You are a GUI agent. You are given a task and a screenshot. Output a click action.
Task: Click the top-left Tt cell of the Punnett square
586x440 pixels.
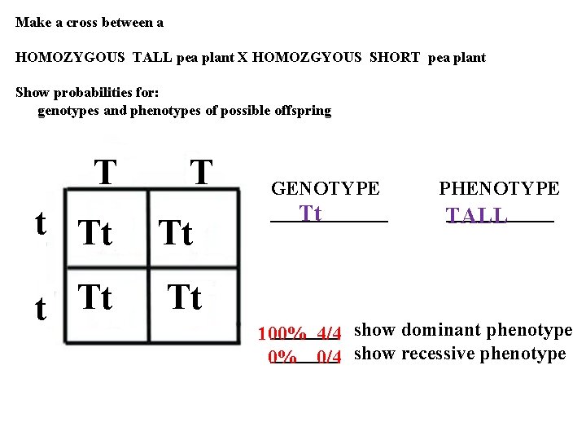[95, 234]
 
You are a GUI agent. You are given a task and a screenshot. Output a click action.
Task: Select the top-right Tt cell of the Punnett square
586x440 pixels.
[176, 234]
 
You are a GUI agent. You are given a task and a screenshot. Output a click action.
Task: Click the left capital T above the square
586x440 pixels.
[105, 172]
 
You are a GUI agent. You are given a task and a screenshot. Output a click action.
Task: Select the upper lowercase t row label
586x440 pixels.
[41, 223]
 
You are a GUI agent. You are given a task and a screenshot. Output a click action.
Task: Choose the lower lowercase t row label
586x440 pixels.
[41, 309]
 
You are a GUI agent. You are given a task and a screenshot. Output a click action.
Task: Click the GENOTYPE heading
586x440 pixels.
[325, 189]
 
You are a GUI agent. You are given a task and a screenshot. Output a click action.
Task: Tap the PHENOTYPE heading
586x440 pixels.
[499, 189]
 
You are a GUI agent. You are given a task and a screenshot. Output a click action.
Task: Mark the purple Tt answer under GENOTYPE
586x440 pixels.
[311, 213]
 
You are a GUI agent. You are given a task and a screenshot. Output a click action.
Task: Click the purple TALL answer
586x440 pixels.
[477, 216]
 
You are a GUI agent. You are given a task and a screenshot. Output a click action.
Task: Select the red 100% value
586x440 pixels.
[282, 334]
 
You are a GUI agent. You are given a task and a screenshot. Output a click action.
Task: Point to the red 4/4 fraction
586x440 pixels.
[328, 334]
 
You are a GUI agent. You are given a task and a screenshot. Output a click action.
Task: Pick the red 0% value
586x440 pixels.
[282, 356]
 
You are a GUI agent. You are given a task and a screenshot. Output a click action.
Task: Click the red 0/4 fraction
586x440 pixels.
[328, 356]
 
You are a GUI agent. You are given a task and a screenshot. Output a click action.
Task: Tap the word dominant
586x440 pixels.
[439, 330]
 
